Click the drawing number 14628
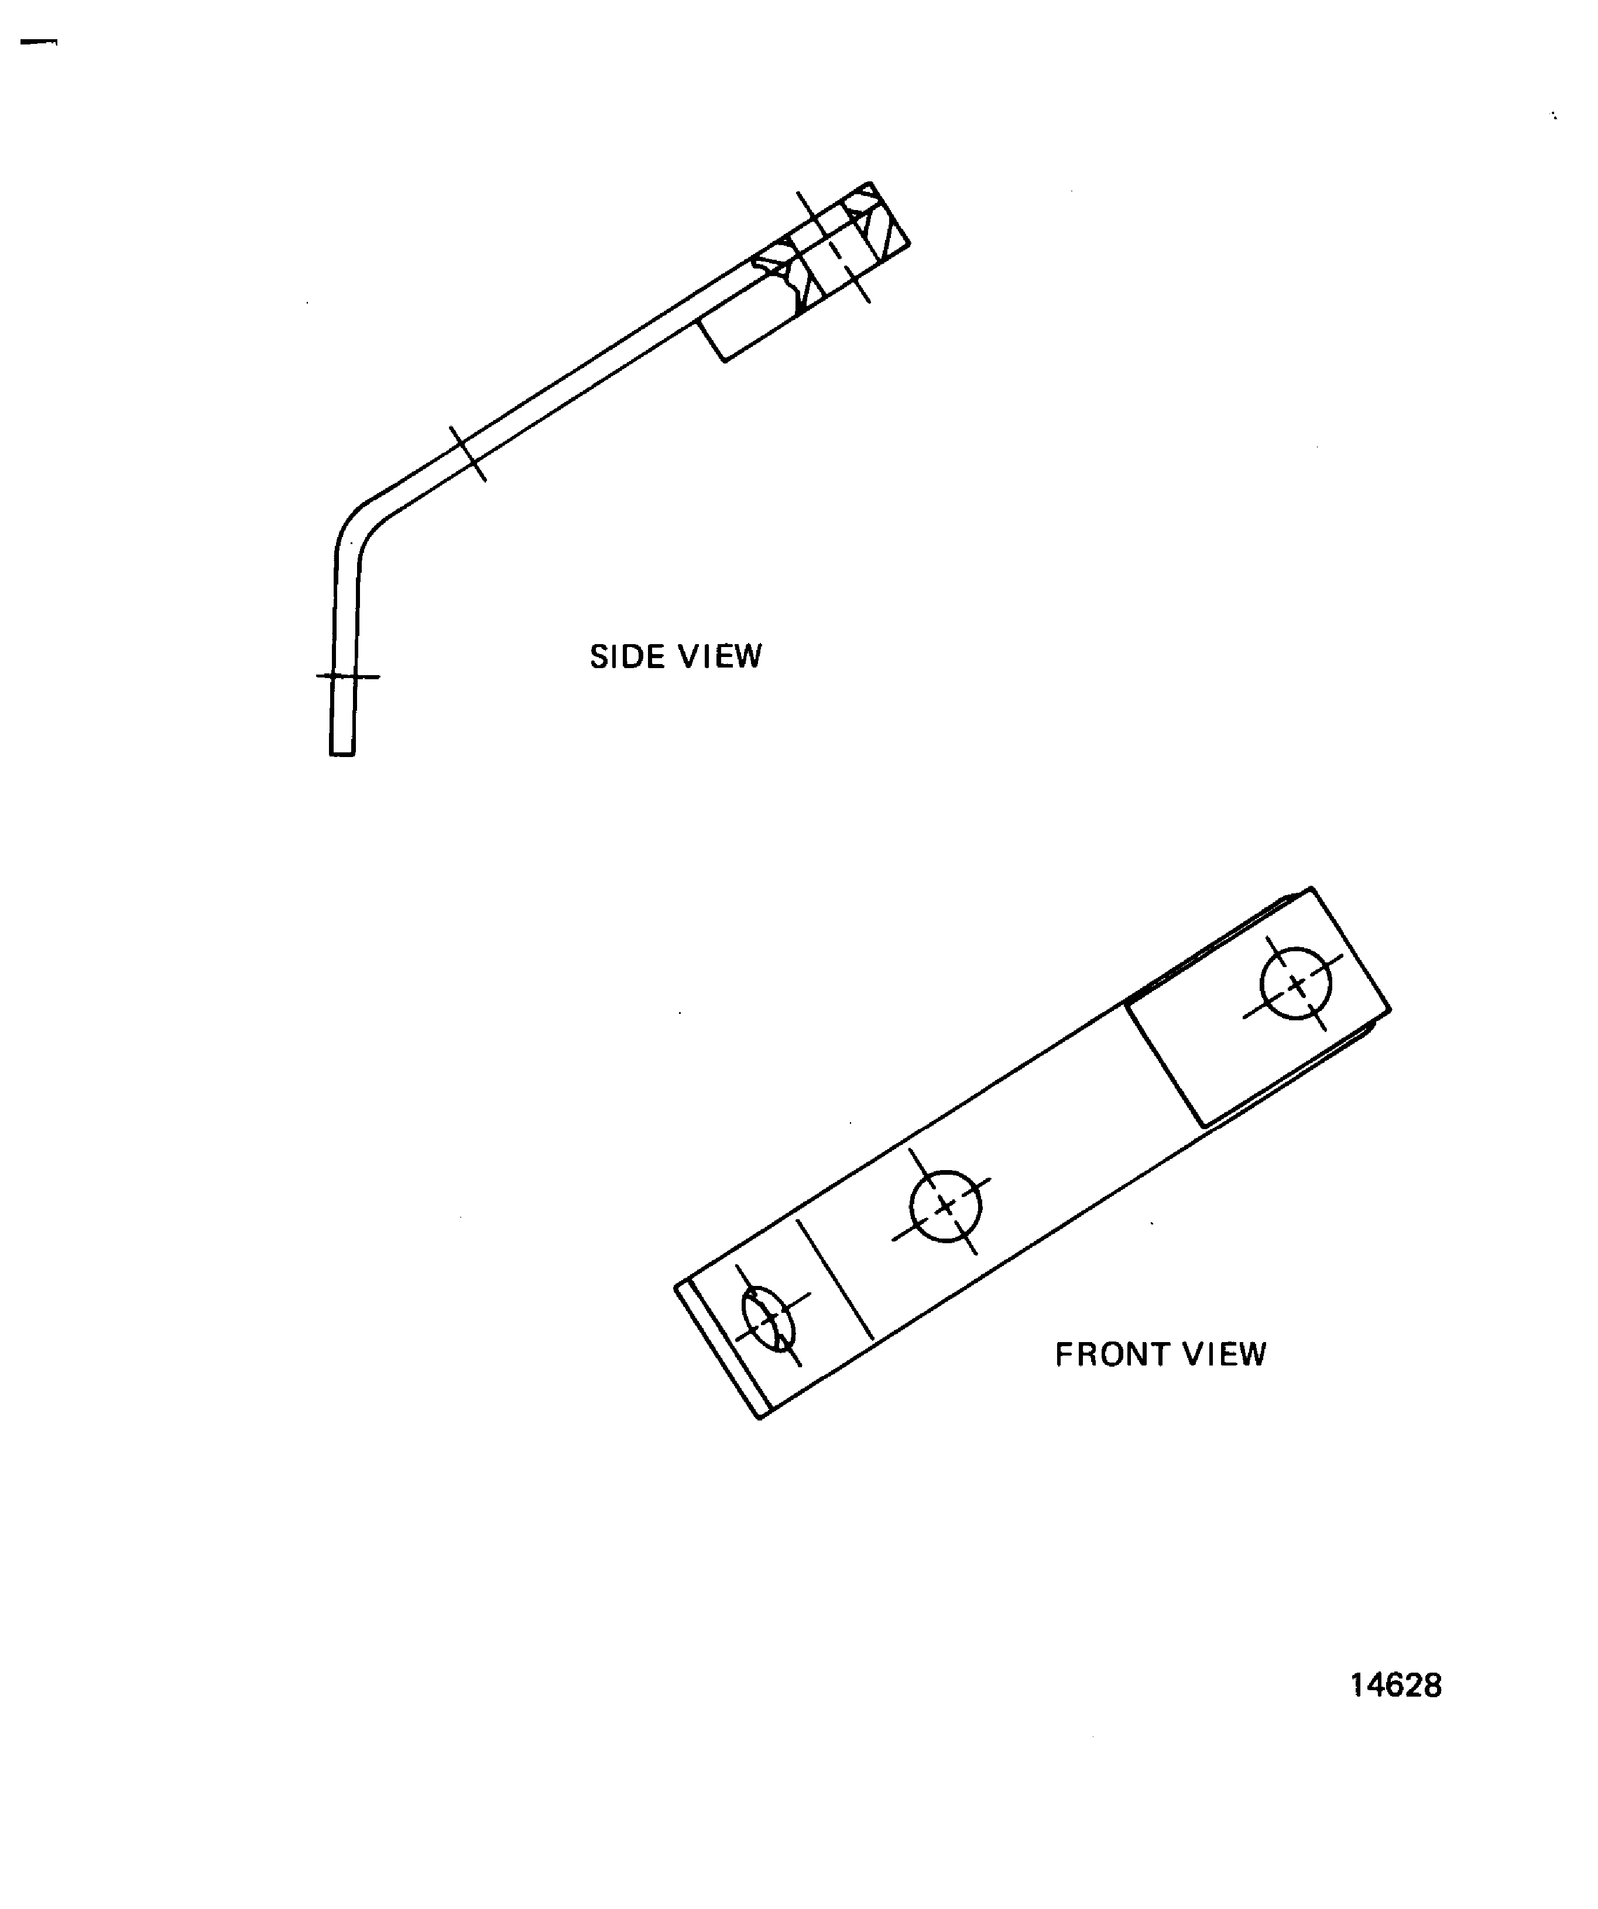click(x=1395, y=1686)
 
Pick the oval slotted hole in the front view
click(x=769, y=1318)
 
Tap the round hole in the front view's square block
click(x=1295, y=983)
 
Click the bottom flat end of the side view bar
click(x=342, y=753)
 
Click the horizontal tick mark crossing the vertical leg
click(x=348, y=676)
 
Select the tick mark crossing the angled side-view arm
click(x=468, y=453)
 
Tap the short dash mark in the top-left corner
click(x=38, y=42)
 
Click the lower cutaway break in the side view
click(x=780, y=272)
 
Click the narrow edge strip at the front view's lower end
click(x=723, y=1349)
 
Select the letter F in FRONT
click(x=1062, y=1354)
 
